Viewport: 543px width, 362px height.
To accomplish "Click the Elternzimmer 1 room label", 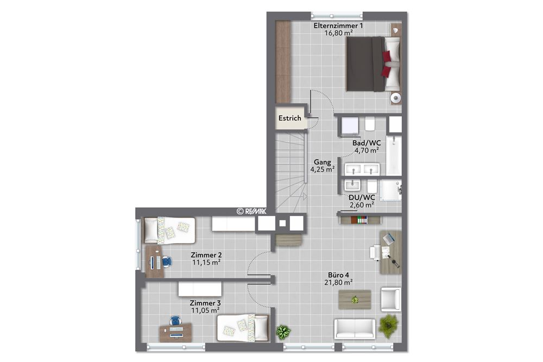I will pos(338,26).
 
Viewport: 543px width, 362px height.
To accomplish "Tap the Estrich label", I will pos(289,118).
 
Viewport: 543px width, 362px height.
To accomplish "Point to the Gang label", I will pos(322,162).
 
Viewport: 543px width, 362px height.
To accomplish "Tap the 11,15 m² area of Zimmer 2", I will pos(206,262).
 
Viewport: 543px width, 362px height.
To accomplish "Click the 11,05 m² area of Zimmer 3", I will pos(205,310).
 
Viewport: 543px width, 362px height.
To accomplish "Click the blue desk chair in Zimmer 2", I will pos(166,262).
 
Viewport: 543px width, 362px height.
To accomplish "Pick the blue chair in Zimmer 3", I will pos(175,321).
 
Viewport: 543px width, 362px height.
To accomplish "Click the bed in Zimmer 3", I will pos(243,327).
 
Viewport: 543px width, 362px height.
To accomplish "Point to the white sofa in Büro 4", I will pos(355,328).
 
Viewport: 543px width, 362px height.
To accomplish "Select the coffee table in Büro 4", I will pos(355,299).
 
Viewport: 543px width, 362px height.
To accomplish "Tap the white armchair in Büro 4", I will pos(391,299).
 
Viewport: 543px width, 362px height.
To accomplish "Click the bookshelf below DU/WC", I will pos(359,219).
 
